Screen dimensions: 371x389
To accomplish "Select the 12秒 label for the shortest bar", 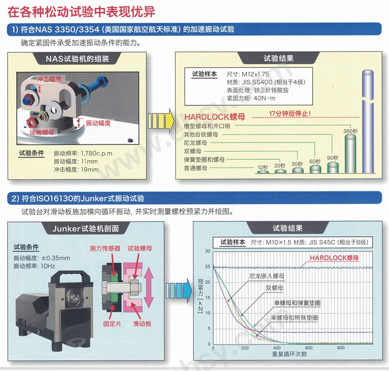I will (x=262, y=168).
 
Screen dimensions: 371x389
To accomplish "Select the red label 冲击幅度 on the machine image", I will (x=49, y=79).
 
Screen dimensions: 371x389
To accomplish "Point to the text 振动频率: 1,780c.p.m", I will (x=83, y=153).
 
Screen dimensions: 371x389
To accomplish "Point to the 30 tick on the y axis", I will (x=207, y=251).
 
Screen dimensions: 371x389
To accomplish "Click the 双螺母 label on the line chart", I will (x=274, y=288).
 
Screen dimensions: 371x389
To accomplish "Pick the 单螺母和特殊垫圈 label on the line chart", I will (x=294, y=318).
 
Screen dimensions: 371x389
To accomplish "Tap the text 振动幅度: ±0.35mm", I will (x=43, y=258).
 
